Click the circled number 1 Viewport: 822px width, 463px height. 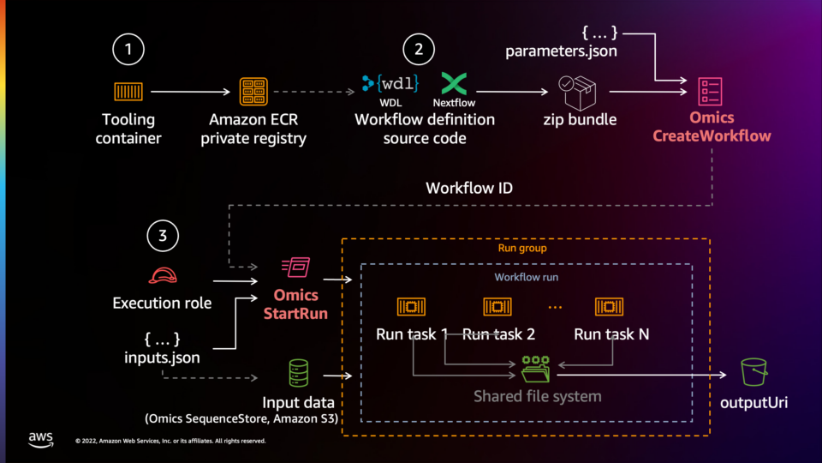[x=128, y=50]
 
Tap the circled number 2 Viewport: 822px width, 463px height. [x=418, y=50]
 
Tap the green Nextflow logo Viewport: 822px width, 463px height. [x=454, y=84]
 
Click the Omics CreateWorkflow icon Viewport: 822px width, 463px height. [x=710, y=88]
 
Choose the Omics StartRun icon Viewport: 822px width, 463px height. [x=295, y=268]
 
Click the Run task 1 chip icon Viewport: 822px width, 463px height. [x=411, y=307]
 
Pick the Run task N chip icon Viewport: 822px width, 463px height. [x=611, y=307]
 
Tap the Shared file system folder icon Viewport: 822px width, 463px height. [x=538, y=368]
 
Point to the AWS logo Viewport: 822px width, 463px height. [x=40, y=438]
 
